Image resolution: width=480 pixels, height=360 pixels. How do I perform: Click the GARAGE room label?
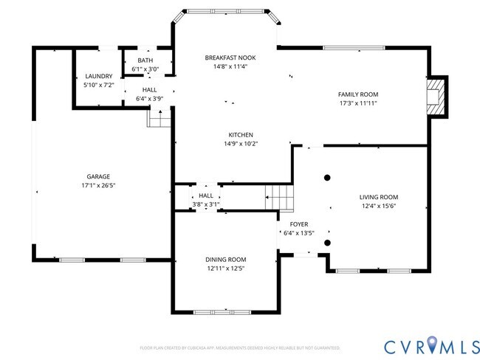pos(97,176)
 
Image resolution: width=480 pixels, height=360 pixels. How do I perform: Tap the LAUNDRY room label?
pos(98,76)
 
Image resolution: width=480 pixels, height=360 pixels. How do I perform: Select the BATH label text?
pos(145,61)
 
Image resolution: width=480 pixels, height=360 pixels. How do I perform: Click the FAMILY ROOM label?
pos(357,94)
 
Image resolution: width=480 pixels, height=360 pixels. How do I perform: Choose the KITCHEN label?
pos(241,135)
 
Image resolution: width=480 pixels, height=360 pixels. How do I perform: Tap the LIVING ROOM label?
pos(378,197)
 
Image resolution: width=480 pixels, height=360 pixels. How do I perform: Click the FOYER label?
pos(299,224)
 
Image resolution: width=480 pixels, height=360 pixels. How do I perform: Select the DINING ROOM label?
pos(225,259)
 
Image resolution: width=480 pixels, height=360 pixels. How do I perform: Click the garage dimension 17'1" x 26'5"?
pos(97,185)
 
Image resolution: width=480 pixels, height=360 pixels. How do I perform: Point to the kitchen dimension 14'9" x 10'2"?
pos(241,144)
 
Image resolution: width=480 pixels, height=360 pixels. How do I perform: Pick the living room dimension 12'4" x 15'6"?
pos(378,206)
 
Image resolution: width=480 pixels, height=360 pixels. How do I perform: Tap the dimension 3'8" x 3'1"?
pos(205,204)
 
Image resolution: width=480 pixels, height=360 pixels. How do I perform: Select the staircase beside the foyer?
pos(279,198)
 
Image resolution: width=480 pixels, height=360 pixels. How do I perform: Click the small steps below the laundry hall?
pos(156,117)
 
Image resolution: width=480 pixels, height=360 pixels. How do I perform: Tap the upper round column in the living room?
pos(327,177)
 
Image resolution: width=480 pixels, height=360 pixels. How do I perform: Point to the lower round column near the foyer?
pos(327,242)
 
